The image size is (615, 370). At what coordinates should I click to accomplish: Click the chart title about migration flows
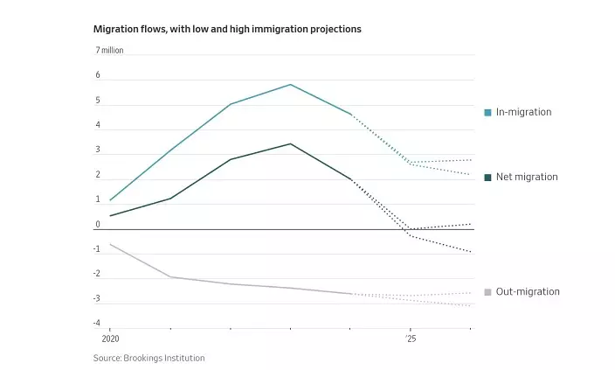tap(227, 29)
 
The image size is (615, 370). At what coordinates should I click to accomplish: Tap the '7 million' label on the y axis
tap(109, 51)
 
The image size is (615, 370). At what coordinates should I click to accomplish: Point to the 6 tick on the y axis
tap(98, 76)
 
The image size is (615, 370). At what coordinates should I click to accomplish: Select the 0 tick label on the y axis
tap(98, 225)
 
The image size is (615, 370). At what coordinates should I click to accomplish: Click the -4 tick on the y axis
tap(97, 324)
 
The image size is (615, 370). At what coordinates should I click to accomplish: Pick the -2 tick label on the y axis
tap(97, 274)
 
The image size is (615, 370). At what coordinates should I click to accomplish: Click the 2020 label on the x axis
tap(110, 338)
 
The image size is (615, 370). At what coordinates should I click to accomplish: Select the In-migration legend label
tap(523, 112)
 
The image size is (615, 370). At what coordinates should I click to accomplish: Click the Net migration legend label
tap(527, 177)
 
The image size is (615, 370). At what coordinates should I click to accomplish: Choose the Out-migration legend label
tap(528, 291)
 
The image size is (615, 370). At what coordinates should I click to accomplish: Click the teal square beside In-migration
tap(487, 112)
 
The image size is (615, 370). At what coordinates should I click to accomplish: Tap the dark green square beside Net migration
tap(487, 177)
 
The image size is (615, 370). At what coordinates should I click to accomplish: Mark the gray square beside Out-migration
tap(487, 291)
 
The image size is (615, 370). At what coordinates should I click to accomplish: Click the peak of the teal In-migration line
tap(290, 85)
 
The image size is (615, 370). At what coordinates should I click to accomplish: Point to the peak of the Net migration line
tap(290, 143)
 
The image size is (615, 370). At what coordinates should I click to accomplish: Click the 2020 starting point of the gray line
tap(110, 244)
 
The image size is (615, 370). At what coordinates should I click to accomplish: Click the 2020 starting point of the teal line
tap(110, 200)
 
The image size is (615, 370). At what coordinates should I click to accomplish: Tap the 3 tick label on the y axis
tap(98, 150)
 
